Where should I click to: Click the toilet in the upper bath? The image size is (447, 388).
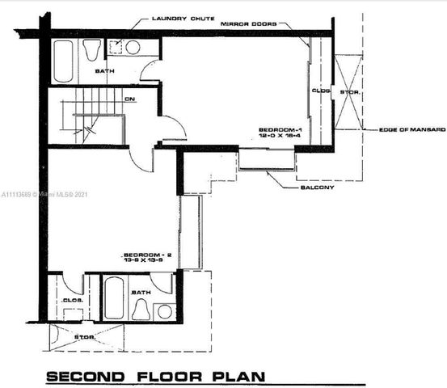tap(92, 50)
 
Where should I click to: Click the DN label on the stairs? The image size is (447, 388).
tap(129, 99)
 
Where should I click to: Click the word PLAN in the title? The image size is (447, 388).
tap(237, 377)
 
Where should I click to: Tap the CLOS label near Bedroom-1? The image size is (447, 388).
tap(320, 91)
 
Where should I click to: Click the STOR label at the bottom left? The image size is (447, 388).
tap(85, 336)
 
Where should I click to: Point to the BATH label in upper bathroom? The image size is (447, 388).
tap(104, 71)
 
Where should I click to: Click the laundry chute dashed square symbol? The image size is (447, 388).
tap(116, 47)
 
